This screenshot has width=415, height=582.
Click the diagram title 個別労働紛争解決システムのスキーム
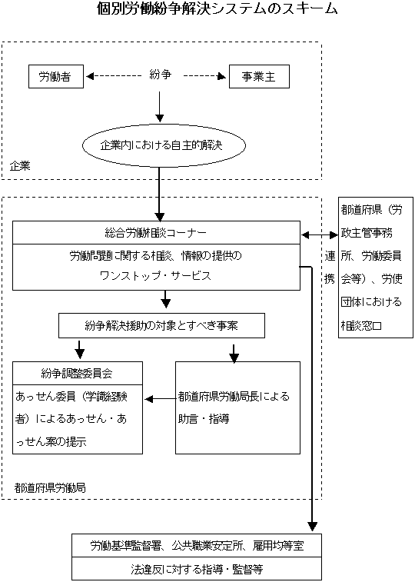207,10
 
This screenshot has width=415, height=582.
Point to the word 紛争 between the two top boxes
159,76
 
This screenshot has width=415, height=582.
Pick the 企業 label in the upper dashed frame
21,166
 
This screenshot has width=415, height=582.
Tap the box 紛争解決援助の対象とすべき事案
161,325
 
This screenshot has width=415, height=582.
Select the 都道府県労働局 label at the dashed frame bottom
49,487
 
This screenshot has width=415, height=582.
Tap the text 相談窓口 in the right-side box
362,324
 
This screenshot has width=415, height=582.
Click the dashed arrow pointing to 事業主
205,77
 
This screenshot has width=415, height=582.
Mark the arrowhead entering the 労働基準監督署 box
312,526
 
